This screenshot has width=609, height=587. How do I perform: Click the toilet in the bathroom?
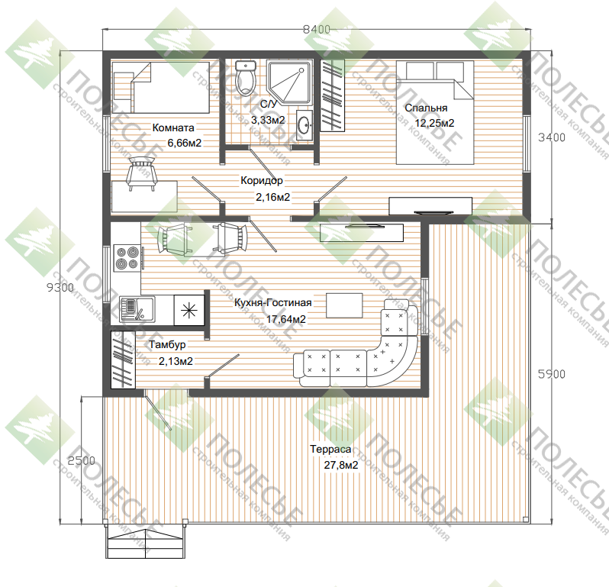click(246, 78)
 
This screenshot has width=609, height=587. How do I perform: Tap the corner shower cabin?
click(289, 82)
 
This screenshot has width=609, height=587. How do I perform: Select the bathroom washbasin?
click(305, 124)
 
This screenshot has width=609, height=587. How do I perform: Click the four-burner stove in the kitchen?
click(127, 257)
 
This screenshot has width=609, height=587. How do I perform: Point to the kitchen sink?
click(137, 310)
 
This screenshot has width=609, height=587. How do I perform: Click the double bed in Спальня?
click(435, 113)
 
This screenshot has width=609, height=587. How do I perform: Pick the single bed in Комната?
click(160, 88)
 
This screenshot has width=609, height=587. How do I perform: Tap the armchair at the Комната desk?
click(141, 173)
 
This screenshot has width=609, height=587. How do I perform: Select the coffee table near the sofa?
click(344, 306)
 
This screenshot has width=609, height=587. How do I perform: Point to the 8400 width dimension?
click(317, 29)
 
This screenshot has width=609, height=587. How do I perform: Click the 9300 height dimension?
click(60, 288)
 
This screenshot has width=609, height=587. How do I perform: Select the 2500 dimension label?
click(81, 461)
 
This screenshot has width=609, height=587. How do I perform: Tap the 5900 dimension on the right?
click(552, 374)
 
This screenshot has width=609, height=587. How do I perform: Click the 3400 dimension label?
click(552, 137)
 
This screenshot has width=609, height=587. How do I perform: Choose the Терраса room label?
click(330, 449)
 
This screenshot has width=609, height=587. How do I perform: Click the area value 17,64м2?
click(286, 319)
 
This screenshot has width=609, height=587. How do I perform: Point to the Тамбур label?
click(167, 344)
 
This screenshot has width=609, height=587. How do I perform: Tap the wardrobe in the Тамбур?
click(123, 360)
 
